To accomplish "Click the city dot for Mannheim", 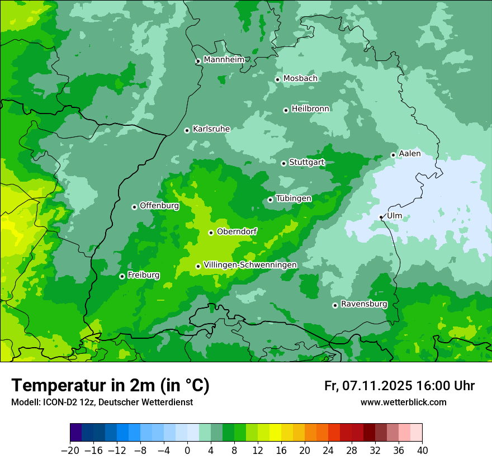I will (x=198, y=61).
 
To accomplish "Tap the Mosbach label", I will (x=300, y=79).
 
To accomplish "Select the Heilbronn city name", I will (x=310, y=109).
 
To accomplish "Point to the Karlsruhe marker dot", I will (x=187, y=131).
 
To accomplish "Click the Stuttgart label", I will (x=306, y=163).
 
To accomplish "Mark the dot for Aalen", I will (x=393, y=155).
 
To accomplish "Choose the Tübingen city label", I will (x=294, y=199).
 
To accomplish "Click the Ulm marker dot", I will (x=381, y=217).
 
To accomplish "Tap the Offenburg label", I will (x=159, y=206).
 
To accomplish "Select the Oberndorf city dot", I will (x=211, y=233).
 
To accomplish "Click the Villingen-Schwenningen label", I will (x=250, y=265).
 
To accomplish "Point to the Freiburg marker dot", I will (x=122, y=276).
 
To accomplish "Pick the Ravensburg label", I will (x=364, y=305).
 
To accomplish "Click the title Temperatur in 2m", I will (x=110, y=386).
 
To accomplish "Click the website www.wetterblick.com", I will (x=403, y=402).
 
